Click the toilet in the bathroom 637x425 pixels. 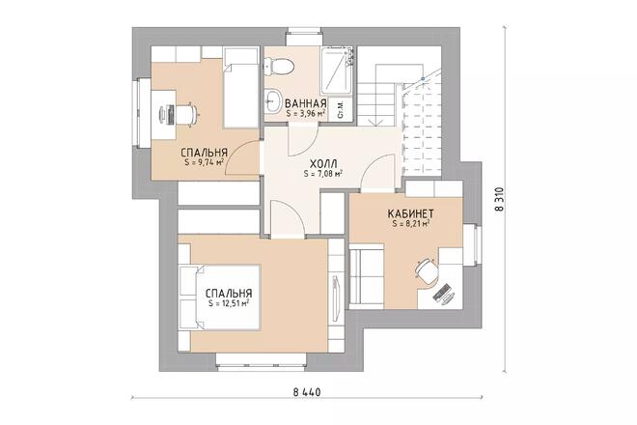pyautogui.click(x=278, y=67)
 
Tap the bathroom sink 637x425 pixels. pyautogui.click(x=272, y=100)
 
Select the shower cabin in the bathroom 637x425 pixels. pyautogui.click(x=336, y=71)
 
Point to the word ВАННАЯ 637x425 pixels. pyautogui.click(x=306, y=103)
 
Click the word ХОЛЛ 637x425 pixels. pyautogui.click(x=323, y=164)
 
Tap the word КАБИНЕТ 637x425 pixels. pyautogui.click(x=411, y=213)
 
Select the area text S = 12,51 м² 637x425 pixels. pyautogui.click(x=229, y=303)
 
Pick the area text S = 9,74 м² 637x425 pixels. pyautogui.click(x=204, y=162)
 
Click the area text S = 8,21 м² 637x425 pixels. pyautogui.click(x=411, y=223)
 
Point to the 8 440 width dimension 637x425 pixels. pyautogui.click(x=307, y=392)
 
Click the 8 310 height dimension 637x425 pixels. pyautogui.click(x=500, y=198)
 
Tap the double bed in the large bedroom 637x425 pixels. pyautogui.click(x=219, y=297)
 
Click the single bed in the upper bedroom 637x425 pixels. pyautogui.click(x=241, y=88)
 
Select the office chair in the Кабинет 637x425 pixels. pyautogui.click(x=427, y=270)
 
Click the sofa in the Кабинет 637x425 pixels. pyautogui.click(x=367, y=276)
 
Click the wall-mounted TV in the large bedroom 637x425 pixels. pyautogui.click(x=336, y=298)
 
